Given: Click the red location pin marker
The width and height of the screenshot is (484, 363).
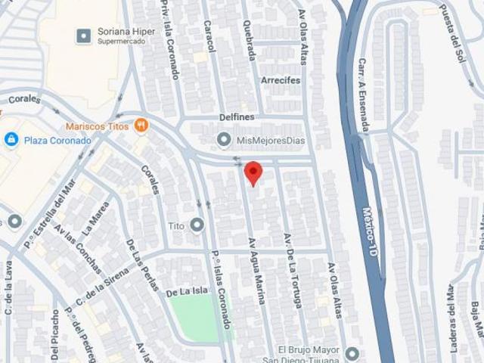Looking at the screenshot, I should point(253,172).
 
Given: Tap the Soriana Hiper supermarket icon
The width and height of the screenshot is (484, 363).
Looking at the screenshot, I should point(84,35).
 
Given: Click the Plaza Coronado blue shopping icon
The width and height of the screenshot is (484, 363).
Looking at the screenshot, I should point(11,139).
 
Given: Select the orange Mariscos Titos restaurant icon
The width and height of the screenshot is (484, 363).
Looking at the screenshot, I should point(141,125).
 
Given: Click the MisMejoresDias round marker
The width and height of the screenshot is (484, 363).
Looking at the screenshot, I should point(224,140).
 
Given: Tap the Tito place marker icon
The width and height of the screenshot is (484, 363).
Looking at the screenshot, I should point(197,225).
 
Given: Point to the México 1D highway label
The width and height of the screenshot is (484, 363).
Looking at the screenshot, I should point(370,231).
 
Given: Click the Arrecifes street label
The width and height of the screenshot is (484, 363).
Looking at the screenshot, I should point(281,80).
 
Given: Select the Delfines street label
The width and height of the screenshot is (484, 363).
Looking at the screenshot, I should point(237,117).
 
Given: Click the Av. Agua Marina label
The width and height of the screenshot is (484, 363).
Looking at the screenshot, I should point(257,271).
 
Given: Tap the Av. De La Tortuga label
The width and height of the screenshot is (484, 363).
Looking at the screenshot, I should point(292,269).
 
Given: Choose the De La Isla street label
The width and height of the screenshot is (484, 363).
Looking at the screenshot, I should point(187,290).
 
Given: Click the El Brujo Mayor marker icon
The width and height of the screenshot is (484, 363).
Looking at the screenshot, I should point(351,353).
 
